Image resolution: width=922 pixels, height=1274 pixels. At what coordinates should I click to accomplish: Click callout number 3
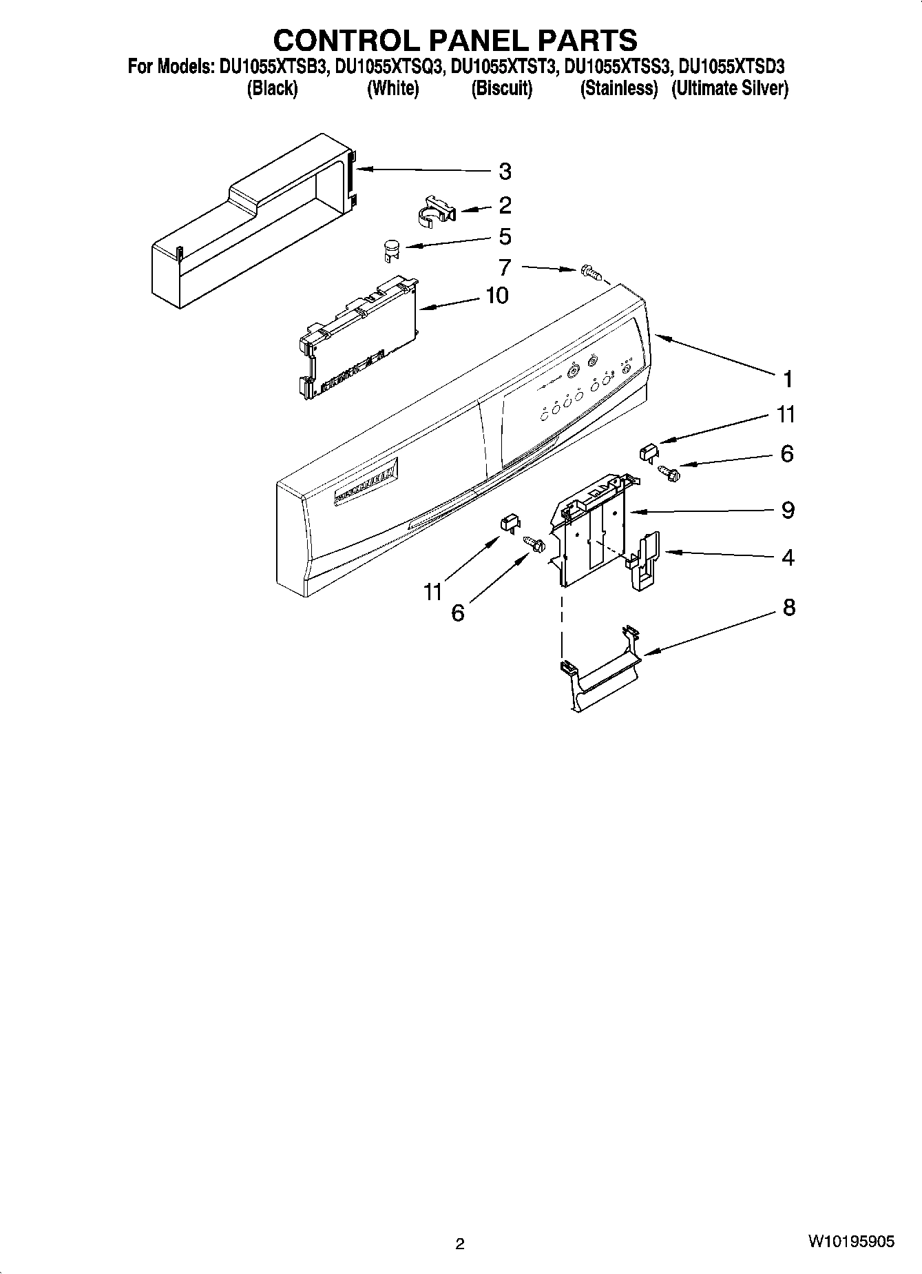click(505, 172)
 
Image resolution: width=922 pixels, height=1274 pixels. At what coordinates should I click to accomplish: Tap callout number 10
click(496, 296)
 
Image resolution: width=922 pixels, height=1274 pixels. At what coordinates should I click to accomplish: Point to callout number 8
click(788, 608)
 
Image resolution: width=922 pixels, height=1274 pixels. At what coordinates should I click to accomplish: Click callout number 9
click(788, 511)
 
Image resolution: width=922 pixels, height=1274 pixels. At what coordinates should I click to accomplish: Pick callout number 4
click(788, 557)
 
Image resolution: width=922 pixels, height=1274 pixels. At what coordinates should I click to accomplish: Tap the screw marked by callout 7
click(589, 271)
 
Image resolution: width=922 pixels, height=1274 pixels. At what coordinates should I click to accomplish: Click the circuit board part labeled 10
click(358, 338)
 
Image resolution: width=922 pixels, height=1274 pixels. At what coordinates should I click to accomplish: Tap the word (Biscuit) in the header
click(501, 89)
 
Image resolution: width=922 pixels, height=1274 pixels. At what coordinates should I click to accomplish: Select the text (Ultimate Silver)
click(730, 89)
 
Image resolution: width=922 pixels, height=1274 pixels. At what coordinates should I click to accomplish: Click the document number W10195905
click(851, 1242)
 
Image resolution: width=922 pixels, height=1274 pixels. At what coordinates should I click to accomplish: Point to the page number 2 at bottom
click(460, 1244)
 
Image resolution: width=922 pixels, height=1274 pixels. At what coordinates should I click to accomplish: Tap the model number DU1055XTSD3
click(732, 68)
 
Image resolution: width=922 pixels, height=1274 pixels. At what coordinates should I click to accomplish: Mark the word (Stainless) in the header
click(618, 89)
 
